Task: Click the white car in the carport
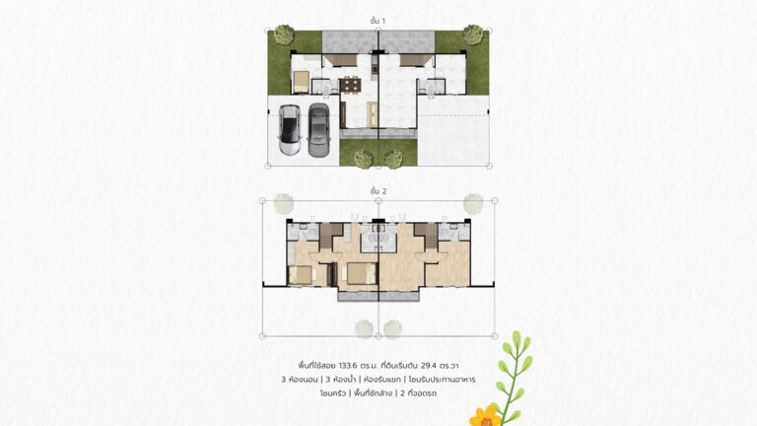pos(290,130)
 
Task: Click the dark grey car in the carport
pos(318,130)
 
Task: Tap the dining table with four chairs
pos(350,86)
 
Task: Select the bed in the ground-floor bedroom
pos(302,82)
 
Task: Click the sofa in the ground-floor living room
pos(373,114)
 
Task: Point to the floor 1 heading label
pos(378,21)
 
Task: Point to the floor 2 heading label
pos(378,191)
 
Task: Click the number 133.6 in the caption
pos(348,366)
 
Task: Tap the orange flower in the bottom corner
pos(486,416)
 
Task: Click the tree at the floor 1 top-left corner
pos(284,35)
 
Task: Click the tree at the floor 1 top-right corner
pos(473,35)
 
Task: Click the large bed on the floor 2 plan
pos(362,273)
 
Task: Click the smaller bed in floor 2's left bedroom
pos(301,275)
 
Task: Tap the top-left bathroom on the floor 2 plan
pos(304,232)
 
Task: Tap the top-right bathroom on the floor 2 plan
pos(453,232)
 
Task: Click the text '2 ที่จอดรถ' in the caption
pos(418,393)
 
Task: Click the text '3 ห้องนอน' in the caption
pos(300,380)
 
